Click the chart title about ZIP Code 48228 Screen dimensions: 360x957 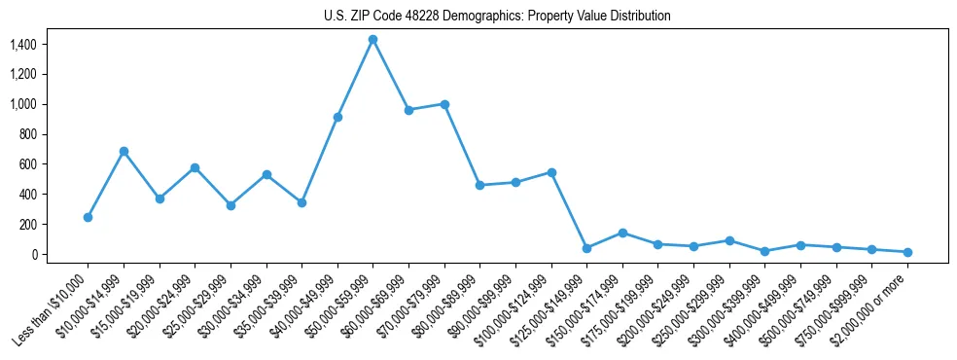click(497, 17)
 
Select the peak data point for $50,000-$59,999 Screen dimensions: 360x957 click(372, 39)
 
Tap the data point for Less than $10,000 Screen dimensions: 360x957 click(88, 217)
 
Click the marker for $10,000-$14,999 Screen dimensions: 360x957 click(124, 151)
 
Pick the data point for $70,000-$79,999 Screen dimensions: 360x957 click(444, 104)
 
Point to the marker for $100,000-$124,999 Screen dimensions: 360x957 click(551, 172)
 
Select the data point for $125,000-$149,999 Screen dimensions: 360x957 click(586, 248)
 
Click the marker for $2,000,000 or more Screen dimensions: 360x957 click(907, 252)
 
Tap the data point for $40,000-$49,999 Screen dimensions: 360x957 click(337, 117)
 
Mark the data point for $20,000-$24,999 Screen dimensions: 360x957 click(195, 167)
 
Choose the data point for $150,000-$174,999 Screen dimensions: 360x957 click(622, 233)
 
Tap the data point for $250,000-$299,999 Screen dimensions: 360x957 click(729, 240)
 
